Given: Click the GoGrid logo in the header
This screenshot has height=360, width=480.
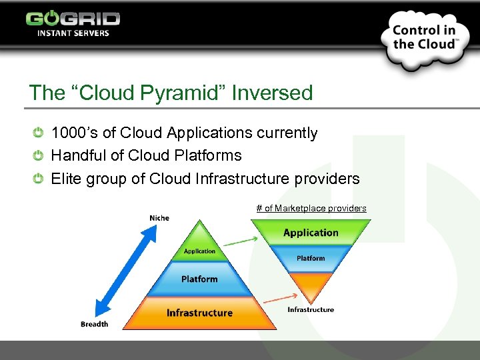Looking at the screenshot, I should coord(73,23).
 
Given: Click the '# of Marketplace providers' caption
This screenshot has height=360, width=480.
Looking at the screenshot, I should coord(311,208).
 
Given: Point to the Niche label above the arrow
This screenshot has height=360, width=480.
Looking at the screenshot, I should coord(159,218).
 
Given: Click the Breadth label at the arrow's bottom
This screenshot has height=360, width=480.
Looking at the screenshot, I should coord(94,324).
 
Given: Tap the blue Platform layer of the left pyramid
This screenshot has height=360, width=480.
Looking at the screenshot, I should coord(199,279).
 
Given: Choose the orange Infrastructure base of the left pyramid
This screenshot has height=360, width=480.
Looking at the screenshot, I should coord(199,313).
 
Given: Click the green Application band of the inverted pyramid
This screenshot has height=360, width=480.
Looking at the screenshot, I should coord(311,233).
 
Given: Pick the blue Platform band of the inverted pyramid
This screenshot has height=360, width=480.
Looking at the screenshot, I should coord(311,259).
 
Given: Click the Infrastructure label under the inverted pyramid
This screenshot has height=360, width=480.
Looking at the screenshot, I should coord(311,309).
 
